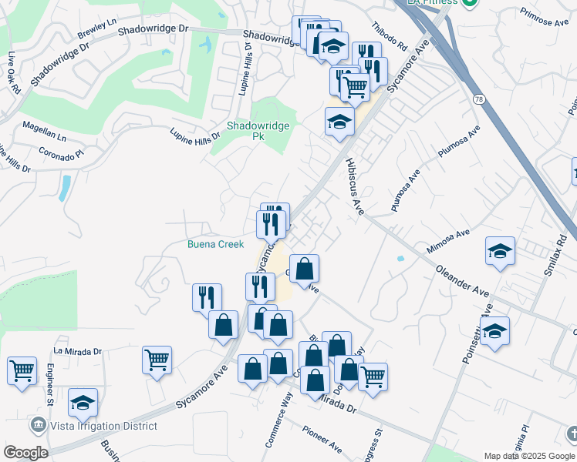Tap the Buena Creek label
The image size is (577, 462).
[216, 244]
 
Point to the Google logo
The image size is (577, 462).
[25, 453]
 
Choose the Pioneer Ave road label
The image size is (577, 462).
[322, 438]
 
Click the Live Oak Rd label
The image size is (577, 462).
[13, 73]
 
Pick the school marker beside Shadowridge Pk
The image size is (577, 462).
[339, 121]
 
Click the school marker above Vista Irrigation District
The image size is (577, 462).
[83, 402]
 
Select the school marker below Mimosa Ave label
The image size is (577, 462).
[500, 251]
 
